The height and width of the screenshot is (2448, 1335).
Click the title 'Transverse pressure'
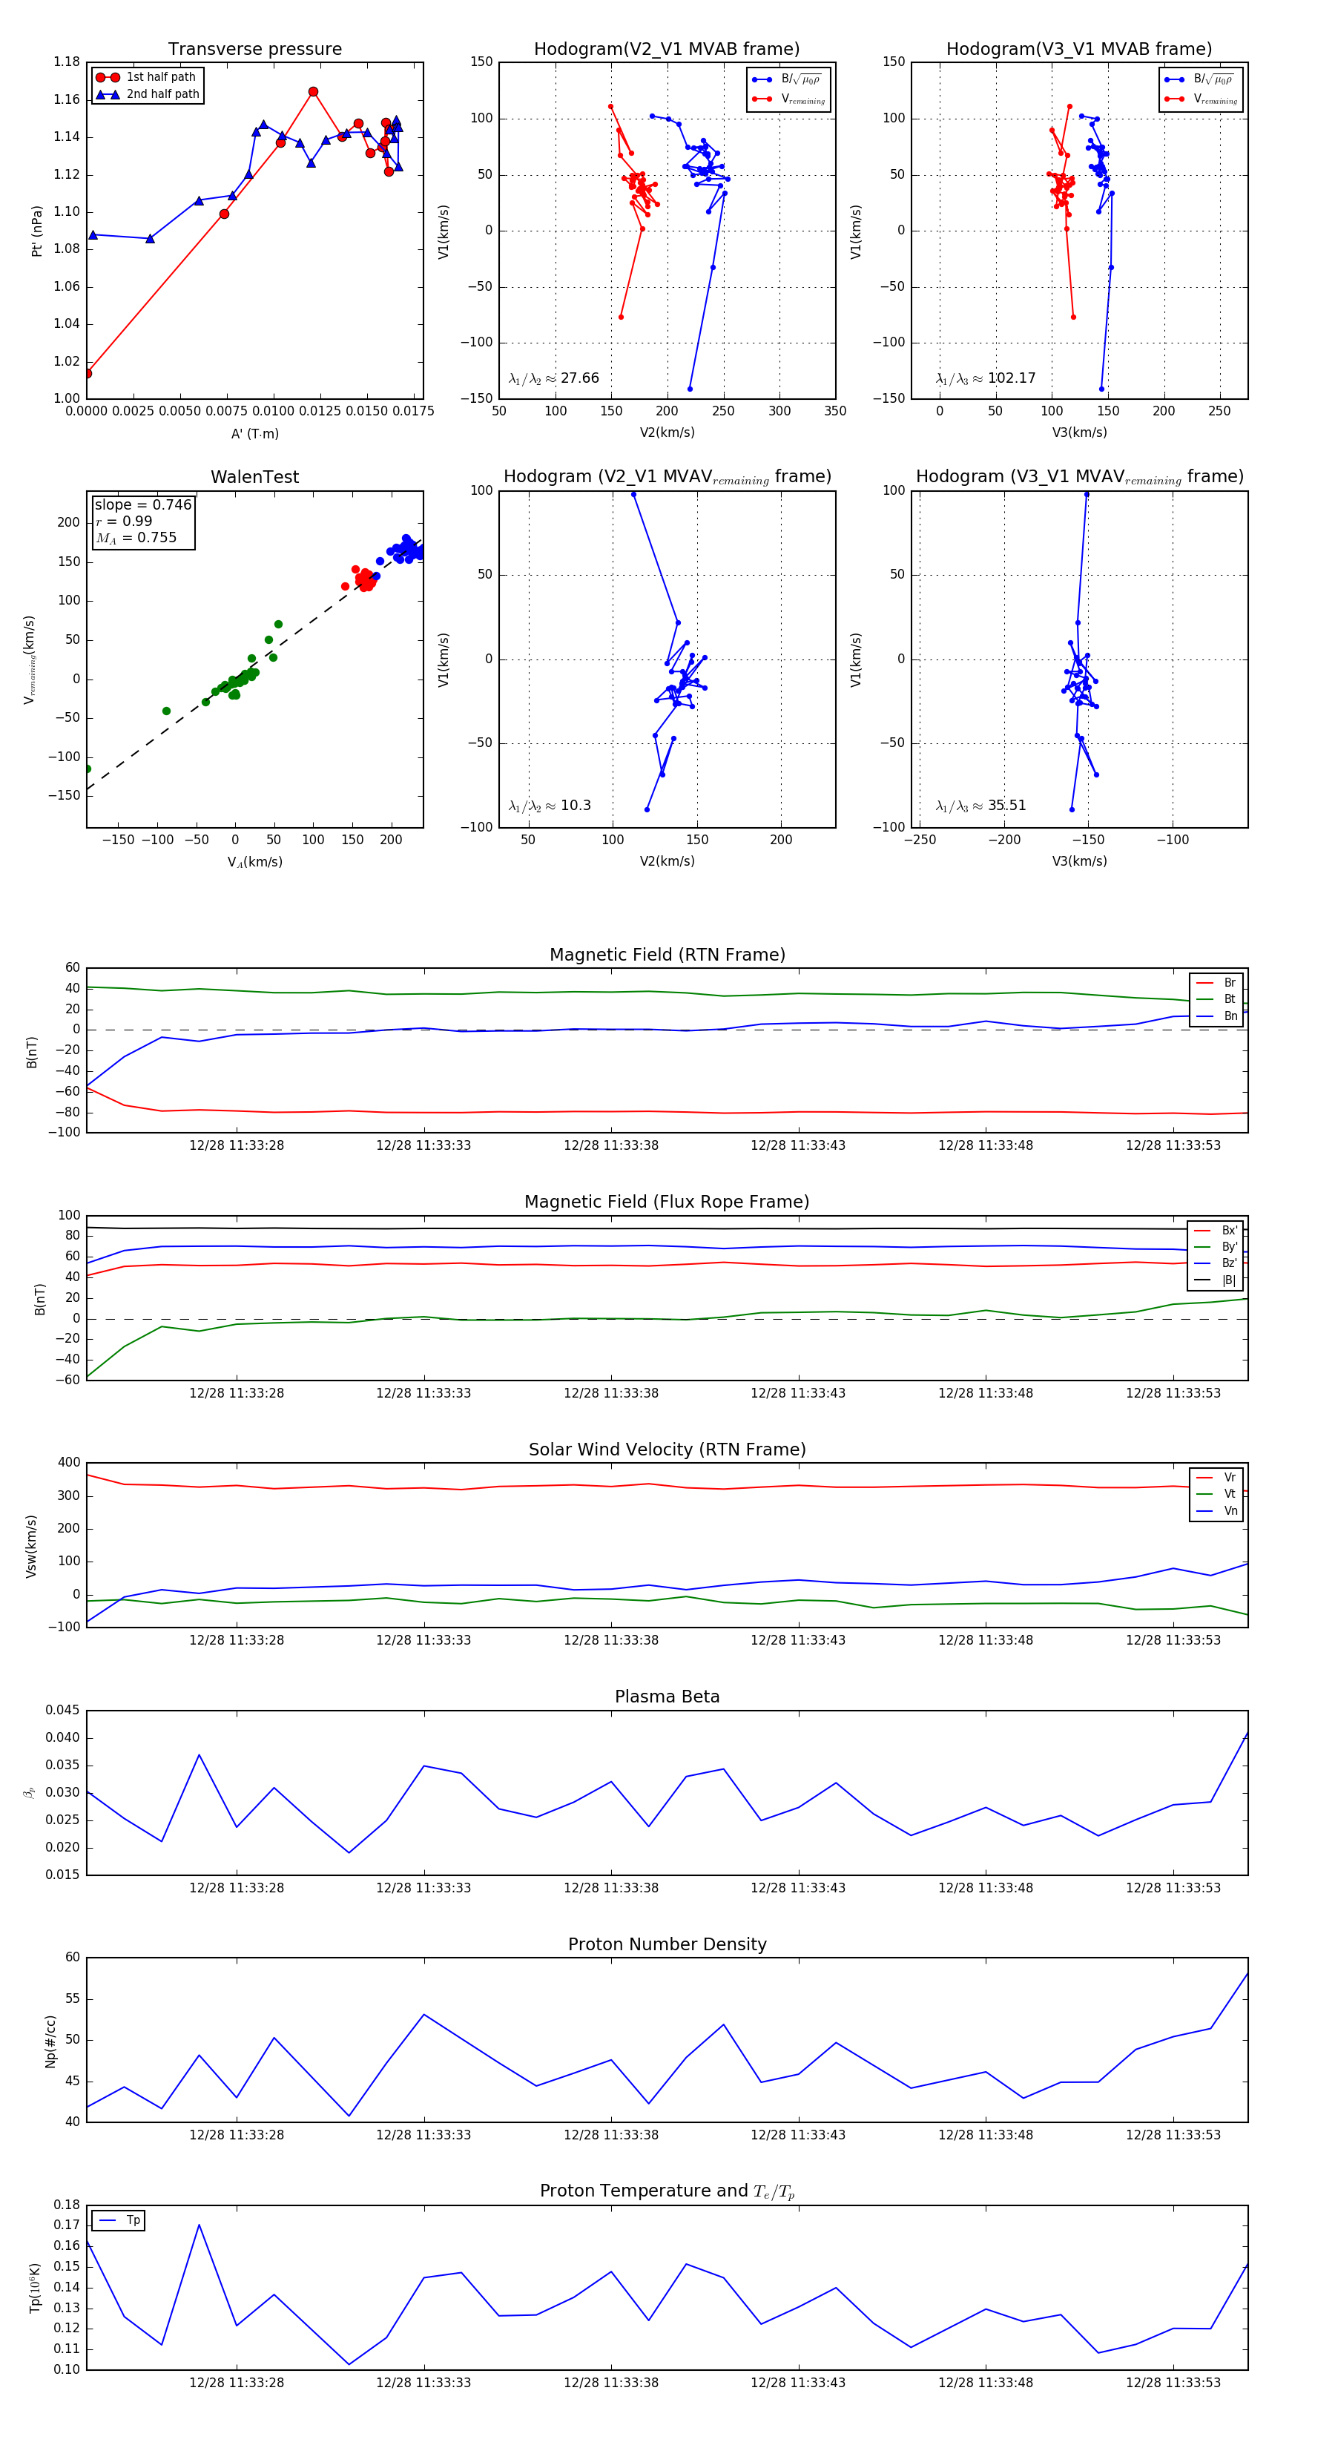point(254,50)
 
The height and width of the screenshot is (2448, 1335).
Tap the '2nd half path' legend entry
point(162,94)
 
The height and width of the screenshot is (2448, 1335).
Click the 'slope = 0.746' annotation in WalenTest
point(142,504)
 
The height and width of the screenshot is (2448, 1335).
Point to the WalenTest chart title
point(254,477)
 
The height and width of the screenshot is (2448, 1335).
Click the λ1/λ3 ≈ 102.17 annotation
point(986,378)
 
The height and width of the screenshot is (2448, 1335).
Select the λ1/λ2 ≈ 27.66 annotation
point(554,378)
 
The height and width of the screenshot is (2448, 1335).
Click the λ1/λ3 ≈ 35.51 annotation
point(980,806)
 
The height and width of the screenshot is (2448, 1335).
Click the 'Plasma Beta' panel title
point(667,1697)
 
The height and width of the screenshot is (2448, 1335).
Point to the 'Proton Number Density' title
point(667,1944)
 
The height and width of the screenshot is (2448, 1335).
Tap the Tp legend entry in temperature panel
point(132,2221)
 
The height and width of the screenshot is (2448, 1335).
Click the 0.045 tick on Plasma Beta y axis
point(63,1711)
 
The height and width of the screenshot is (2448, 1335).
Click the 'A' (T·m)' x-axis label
point(254,434)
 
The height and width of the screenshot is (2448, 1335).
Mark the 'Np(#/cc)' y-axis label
point(50,2041)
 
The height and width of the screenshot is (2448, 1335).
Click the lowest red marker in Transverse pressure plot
point(88,373)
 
